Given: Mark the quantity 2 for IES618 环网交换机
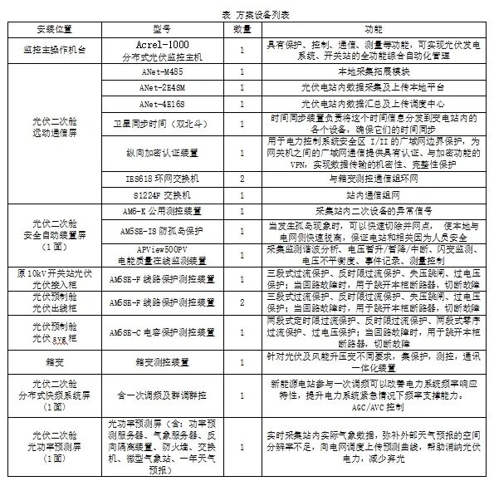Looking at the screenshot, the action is [x=242, y=179].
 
